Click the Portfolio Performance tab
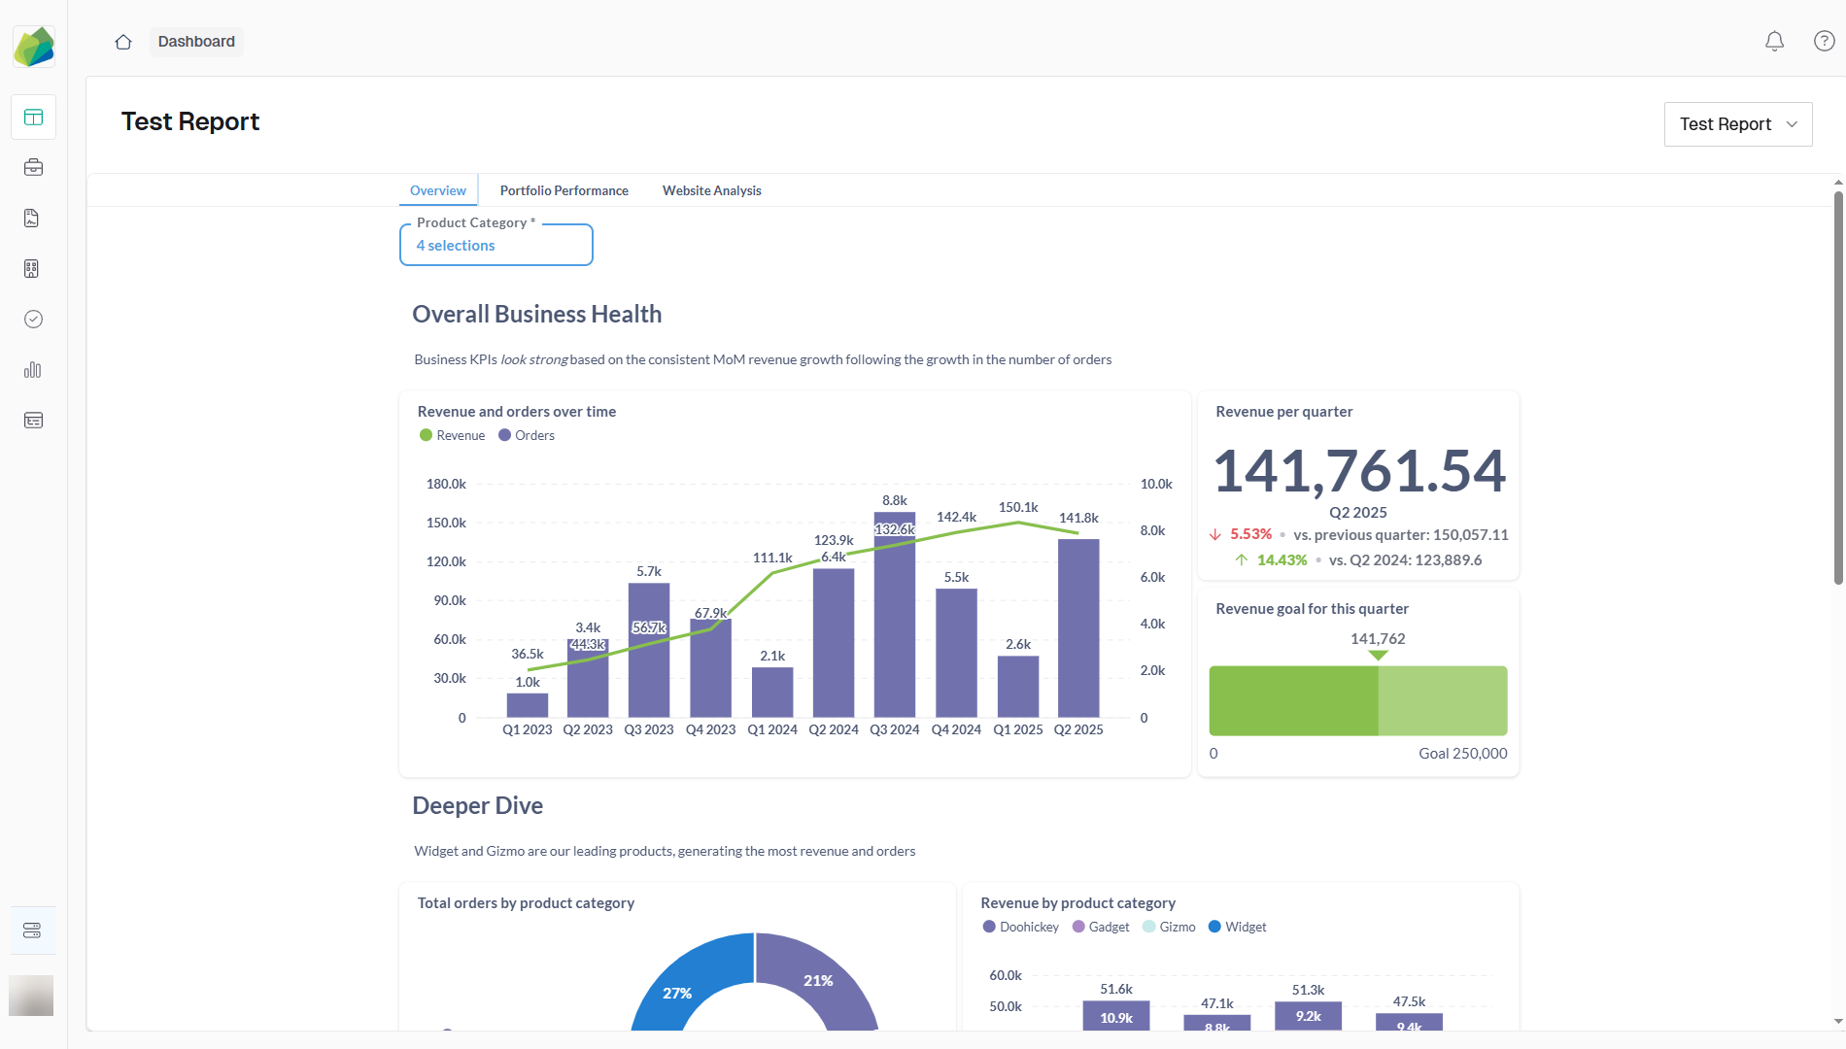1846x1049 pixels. pos(564,190)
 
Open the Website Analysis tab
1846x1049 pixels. pos(711,190)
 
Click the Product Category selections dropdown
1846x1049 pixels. pos(496,245)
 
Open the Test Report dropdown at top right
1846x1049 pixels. pos(1737,124)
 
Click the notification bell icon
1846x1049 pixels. pos(1774,41)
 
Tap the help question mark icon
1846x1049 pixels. pos(1824,41)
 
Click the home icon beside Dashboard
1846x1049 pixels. pos(123,42)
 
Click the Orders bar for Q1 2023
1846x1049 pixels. pos(527,705)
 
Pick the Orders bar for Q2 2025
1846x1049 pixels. pos(1078,631)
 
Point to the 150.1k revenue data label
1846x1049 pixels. pos(1018,507)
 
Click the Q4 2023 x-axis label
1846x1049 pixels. pos(710,729)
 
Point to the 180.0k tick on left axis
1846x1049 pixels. pos(446,484)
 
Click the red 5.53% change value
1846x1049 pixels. pos(1250,534)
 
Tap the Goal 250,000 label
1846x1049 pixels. pos(1462,754)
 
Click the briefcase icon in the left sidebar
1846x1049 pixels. pos(33,168)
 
